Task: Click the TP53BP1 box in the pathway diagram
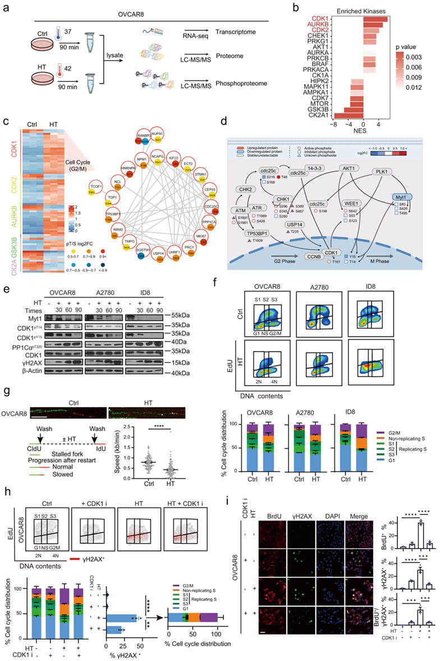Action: (258, 232)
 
